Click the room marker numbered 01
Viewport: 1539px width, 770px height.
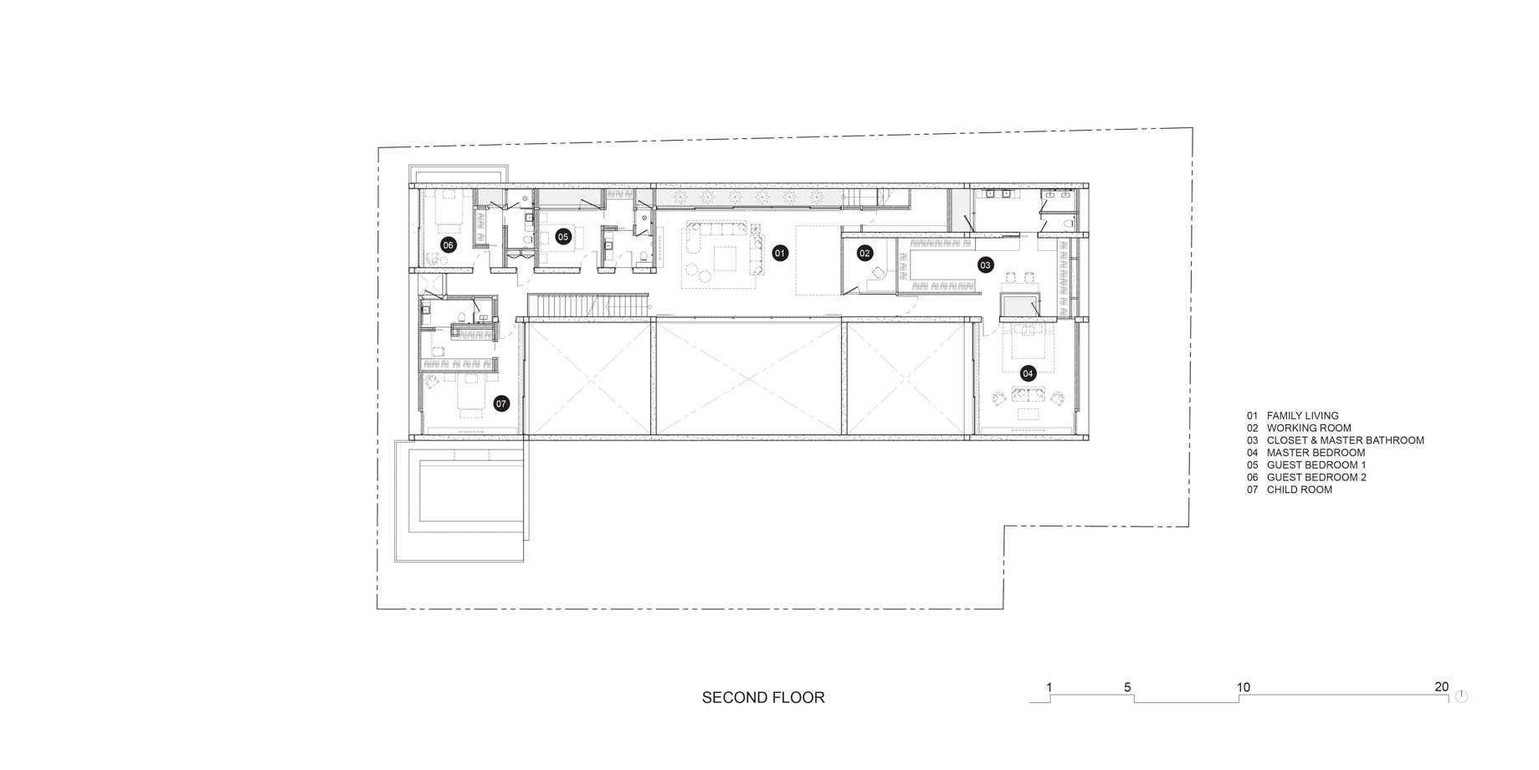(780, 253)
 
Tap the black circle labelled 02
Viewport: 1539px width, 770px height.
(864, 253)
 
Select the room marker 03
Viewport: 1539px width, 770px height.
(985, 265)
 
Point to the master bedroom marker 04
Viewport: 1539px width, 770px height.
(1028, 373)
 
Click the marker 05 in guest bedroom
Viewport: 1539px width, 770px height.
(563, 237)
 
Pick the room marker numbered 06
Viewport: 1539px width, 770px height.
(449, 245)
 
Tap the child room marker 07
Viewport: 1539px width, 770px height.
(501, 403)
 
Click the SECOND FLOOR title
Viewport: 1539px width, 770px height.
(763, 697)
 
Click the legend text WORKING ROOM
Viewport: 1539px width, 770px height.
(1309, 428)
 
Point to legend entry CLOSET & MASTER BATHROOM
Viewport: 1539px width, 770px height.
(1345, 440)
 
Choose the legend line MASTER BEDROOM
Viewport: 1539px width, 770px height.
(1316, 453)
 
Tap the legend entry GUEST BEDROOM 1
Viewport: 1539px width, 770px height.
(1316, 465)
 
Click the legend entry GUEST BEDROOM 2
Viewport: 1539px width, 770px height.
(1316, 477)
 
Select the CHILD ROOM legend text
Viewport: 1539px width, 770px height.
(1299, 490)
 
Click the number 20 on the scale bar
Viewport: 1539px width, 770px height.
(1441, 687)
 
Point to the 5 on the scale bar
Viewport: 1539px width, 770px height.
(1127, 688)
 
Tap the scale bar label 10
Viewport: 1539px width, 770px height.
(1244, 688)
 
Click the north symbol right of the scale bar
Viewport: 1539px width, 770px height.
(1461, 696)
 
